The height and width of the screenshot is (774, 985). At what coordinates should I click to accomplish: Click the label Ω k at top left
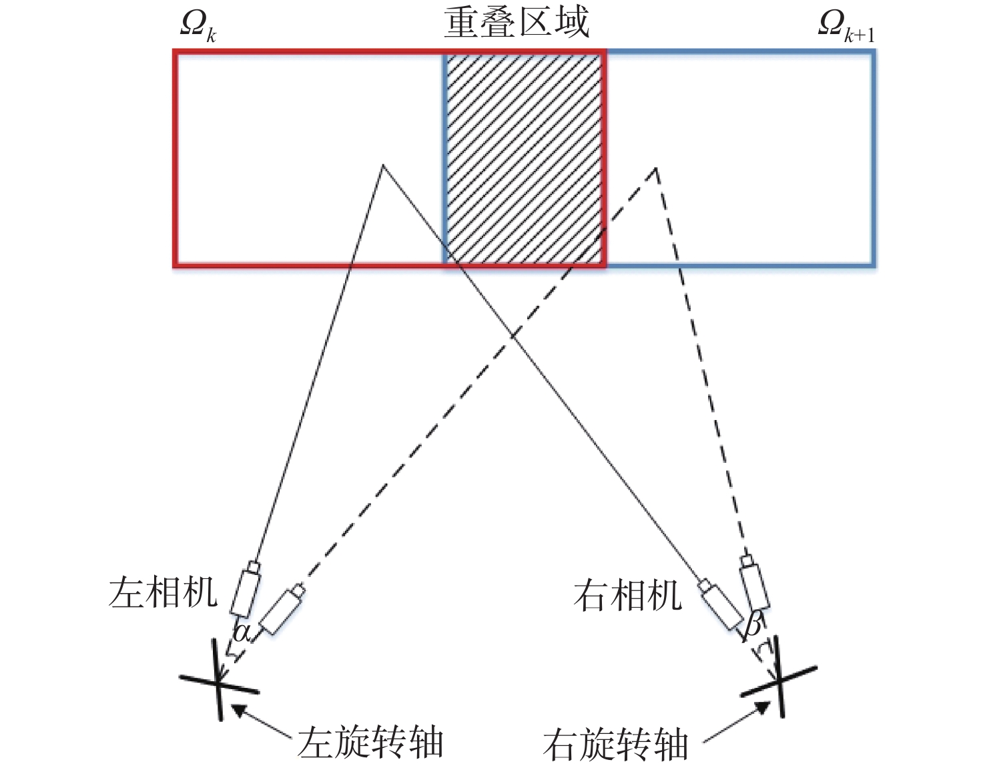point(198,27)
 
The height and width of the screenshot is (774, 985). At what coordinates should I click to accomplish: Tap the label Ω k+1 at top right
point(845,27)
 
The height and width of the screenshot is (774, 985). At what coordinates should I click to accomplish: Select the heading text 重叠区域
point(517,22)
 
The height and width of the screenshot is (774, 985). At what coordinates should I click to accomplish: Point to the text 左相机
point(163,592)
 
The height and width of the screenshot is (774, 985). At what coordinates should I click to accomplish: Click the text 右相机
point(628,595)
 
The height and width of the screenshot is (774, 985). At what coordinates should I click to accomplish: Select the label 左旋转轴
point(370,741)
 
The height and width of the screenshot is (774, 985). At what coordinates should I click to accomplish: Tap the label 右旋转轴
point(615,745)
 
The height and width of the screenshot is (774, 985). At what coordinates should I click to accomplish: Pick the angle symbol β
point(753,626)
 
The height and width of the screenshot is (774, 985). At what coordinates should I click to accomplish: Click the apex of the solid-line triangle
point(382,165)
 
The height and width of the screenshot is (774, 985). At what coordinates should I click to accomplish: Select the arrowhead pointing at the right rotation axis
point(758,709)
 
